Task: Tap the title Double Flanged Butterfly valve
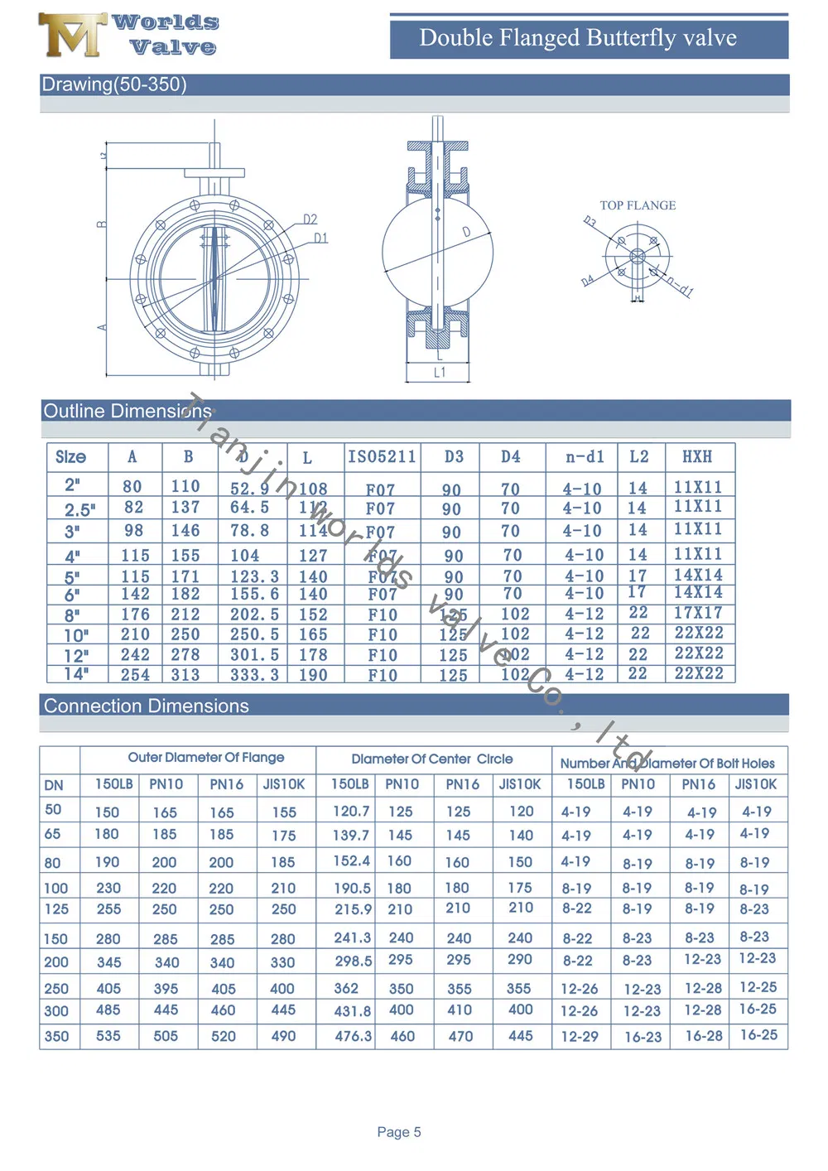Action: click(578, 38)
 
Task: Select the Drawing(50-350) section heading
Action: click(114, 84)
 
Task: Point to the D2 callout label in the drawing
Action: click(310, 219)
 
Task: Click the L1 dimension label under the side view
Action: click(440, 373)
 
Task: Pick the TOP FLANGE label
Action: click(638, 205)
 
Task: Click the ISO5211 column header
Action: click(382, 457)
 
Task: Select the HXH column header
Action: click(697, 457)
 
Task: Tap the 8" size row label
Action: click(73, 615)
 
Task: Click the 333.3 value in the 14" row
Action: click(254, 675)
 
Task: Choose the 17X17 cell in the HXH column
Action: click(698, 613)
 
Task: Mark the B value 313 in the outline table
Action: click(185, 675)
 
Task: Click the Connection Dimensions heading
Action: click(147, 706)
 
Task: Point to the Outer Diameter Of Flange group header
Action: click(205, 758)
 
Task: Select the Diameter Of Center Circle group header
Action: click(431, 759)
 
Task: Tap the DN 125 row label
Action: click(56, 909)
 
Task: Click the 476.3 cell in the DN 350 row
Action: click(353, 1035)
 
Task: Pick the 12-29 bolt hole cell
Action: click(580, 1036)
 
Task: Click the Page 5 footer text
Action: click(399, 1132)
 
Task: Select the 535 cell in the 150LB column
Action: click(108, 1036)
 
